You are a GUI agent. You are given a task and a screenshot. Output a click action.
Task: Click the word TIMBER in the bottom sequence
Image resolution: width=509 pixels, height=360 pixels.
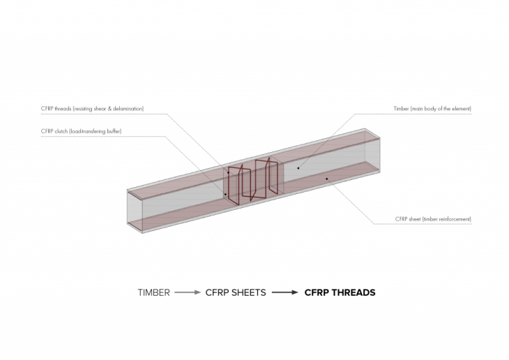(x=153, y=293)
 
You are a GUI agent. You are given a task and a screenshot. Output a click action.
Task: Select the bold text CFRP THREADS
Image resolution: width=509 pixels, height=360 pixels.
(x=340, y=293)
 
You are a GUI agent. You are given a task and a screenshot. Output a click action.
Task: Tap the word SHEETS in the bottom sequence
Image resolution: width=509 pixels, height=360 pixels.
(x=249, y=293)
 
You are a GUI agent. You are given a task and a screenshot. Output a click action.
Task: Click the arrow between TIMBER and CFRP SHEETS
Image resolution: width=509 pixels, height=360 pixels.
(x=188, y=292)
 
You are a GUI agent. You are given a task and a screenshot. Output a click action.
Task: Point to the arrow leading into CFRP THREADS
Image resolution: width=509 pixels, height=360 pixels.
(x=285, y=292)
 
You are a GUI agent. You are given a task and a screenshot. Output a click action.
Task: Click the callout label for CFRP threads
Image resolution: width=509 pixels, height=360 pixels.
(x=92, y=109)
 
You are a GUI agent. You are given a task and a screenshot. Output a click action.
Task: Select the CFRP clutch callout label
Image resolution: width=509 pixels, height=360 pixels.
(x=81, y=131)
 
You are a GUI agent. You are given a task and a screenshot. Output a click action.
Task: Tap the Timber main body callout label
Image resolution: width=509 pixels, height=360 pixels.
(x=432, y=109)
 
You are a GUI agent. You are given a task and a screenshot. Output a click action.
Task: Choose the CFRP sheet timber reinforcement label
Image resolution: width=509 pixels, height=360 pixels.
(x=433, y=219)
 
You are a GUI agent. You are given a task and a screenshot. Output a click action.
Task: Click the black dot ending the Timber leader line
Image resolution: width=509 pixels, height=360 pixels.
(x=298, y=168)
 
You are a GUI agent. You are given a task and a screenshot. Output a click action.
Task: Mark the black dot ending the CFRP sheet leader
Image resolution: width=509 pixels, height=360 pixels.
(x=327, y=179)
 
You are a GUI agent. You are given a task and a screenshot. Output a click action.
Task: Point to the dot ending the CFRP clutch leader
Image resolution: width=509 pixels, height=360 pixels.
(x=226, y=194)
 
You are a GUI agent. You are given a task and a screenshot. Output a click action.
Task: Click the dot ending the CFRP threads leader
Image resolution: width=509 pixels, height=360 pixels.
(x=228, y=172)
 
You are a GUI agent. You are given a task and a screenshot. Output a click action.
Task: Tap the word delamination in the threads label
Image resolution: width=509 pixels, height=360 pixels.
(x=128, y=109)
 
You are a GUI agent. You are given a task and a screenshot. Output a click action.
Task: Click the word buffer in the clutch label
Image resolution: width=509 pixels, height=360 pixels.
(x=114, y=131)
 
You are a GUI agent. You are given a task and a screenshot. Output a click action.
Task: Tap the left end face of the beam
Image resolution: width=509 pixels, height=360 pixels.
(x=135, y=212)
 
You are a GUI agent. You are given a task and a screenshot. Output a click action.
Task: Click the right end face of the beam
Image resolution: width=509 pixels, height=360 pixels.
(x=372, y=150)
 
